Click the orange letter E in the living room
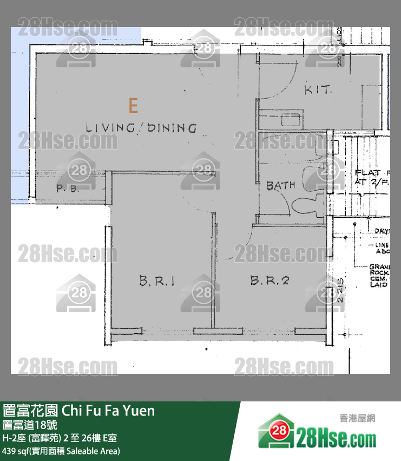pos(133,105)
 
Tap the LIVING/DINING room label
pos(141,128)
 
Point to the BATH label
pos(281,185)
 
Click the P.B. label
pos(68,189)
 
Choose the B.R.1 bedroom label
pos(156,281)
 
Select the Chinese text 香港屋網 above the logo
pos(357,418)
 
